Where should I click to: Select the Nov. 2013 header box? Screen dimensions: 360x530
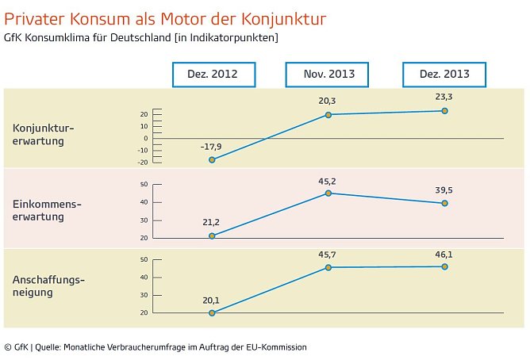tap(328, 75)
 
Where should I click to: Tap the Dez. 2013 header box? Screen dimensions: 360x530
tap(444, 75)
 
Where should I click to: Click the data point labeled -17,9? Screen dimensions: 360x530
tap(212, 160)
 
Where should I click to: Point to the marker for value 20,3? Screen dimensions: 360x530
tap(328, 115)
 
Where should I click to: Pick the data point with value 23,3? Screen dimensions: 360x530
tap(444, 111)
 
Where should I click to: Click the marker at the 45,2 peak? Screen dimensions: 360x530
tap(328, 193)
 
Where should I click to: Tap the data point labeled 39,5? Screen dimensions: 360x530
tap(444, 203)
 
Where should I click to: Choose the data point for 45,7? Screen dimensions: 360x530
tap(328, 267)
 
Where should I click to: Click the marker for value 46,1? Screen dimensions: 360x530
tap(444, 266)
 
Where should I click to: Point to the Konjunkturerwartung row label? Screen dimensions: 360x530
tap(39, 134)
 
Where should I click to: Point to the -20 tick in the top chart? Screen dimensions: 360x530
tap(143, 162)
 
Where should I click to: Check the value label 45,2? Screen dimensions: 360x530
tap(327, 179)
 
